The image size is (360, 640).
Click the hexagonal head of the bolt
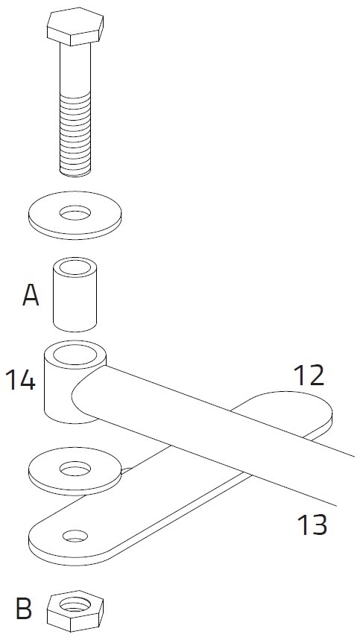tap(75, 26)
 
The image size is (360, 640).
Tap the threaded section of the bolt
tap(75, 135)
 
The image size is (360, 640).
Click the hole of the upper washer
tap(75, 212)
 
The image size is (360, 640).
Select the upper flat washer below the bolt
tap(75, 215)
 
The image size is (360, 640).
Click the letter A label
tap(31, 295)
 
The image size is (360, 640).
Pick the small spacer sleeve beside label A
tap(75, 294)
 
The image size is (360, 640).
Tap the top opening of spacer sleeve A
tap(75, 267)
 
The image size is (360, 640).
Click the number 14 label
tap(20, 380)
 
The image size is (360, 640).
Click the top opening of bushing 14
tap(75, 355)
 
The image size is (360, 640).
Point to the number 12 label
tap(309, 376)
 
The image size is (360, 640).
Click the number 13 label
tap(312, 525)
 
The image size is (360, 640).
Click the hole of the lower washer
tap(75, 469)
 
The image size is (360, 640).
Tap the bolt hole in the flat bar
tap(75, 536)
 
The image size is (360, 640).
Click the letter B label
tap(24, 609)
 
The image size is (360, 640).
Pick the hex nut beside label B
tap(75, 611)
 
